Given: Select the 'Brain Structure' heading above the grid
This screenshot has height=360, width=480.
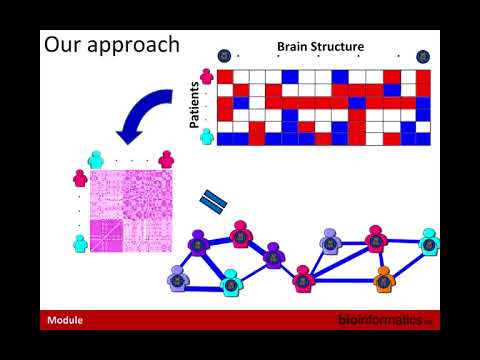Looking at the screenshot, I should click(x=320, y=46).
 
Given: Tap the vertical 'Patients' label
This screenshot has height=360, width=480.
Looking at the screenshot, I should click(x=196, y=105).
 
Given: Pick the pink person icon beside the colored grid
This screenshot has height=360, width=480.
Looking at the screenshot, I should click(x=207, y=75).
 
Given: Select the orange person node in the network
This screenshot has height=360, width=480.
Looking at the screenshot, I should click(x=383, y=277).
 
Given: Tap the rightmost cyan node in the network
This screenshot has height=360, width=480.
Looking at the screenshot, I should click(x=429, y=240).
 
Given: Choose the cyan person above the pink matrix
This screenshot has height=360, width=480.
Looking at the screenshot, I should click(x=96, y=157).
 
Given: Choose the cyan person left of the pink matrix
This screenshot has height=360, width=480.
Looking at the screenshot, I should click(x=79, y=241).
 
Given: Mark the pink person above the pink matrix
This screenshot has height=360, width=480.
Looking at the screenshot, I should click(x=166, y=157).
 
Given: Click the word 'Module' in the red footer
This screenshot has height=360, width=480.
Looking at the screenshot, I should click(x=64, y=321).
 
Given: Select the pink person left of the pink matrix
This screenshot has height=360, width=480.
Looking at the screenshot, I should click(x=79, y=178).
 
